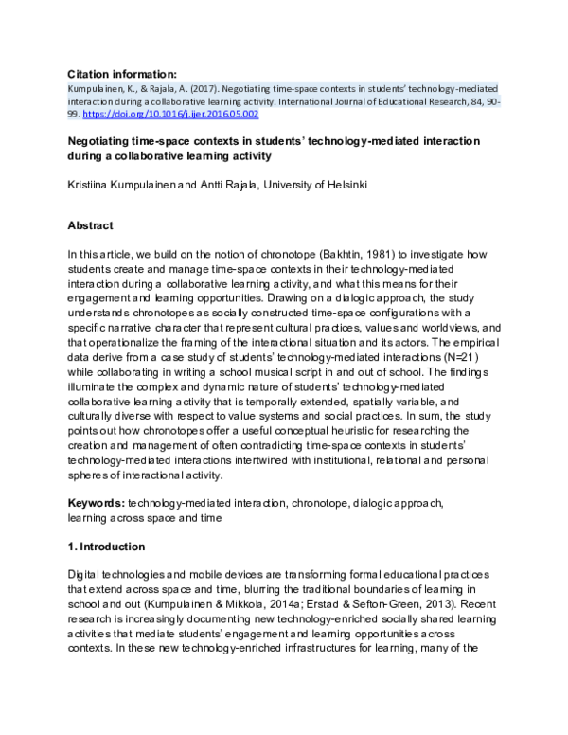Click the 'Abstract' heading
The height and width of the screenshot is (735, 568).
click(x=91, y=225)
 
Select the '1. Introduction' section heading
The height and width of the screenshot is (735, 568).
click(x=106, y=547)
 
